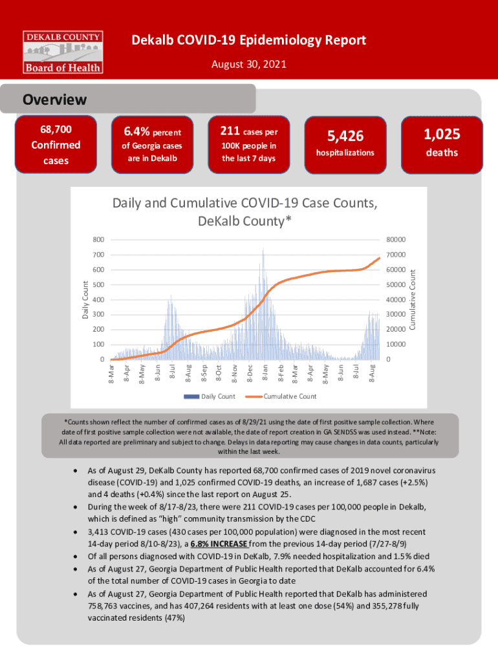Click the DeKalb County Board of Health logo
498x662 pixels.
tap(63, 51)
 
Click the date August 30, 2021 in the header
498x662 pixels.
tap(249, 65)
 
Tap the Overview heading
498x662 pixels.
tap(54, 100)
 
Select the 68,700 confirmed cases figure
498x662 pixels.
tap(56, 131)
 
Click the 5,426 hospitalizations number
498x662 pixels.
tap(345, 136)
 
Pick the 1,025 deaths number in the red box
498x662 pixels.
tap(442, 134)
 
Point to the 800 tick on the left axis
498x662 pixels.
tap(98, 240)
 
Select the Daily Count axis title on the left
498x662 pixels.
tap(85, 299)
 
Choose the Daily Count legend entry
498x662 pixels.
tap(218, 396)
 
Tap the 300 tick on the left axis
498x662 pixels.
tap(98, 314)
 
